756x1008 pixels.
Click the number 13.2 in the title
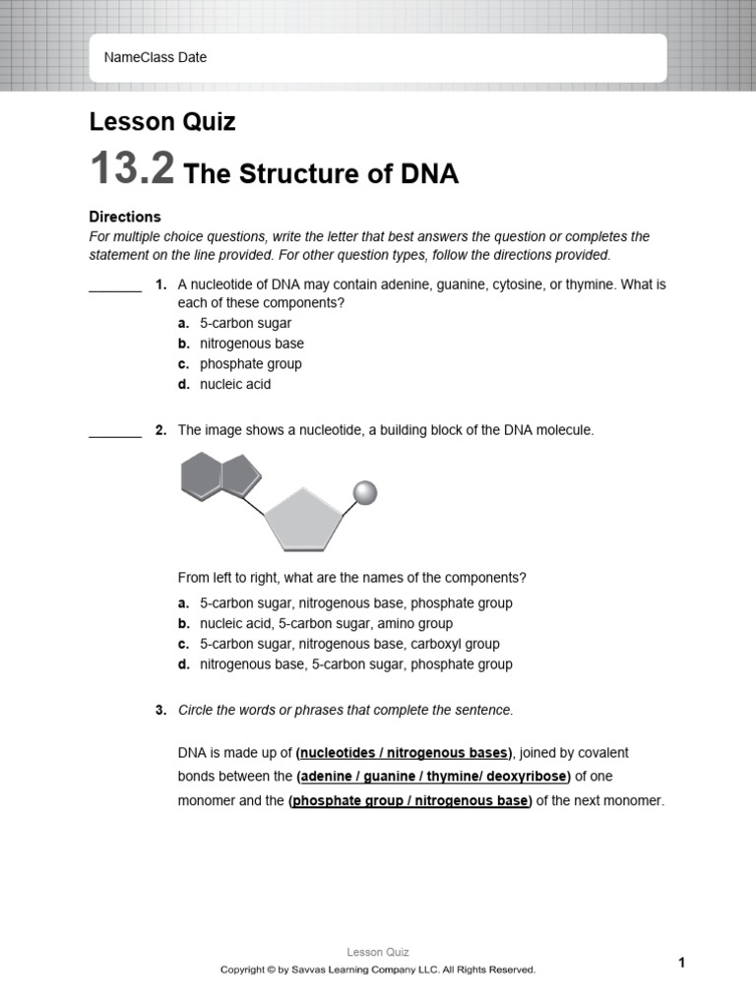pos(132,169)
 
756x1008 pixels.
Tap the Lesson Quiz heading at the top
pos(162,122)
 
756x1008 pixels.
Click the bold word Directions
pos(125,217)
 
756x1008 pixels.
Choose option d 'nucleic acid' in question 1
pos(234,385)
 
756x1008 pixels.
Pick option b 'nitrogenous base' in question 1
pos(251,344)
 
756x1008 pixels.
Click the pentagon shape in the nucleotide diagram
pos(302,519)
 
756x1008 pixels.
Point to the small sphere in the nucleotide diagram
pos(365,492)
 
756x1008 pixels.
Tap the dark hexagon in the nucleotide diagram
pos(203,475)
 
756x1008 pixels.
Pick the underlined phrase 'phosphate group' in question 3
pos(348,801)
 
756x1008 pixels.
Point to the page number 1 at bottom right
pos(681,963)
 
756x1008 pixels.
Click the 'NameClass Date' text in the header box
pos(156,58)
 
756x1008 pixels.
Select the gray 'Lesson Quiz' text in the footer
pos(378,952)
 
